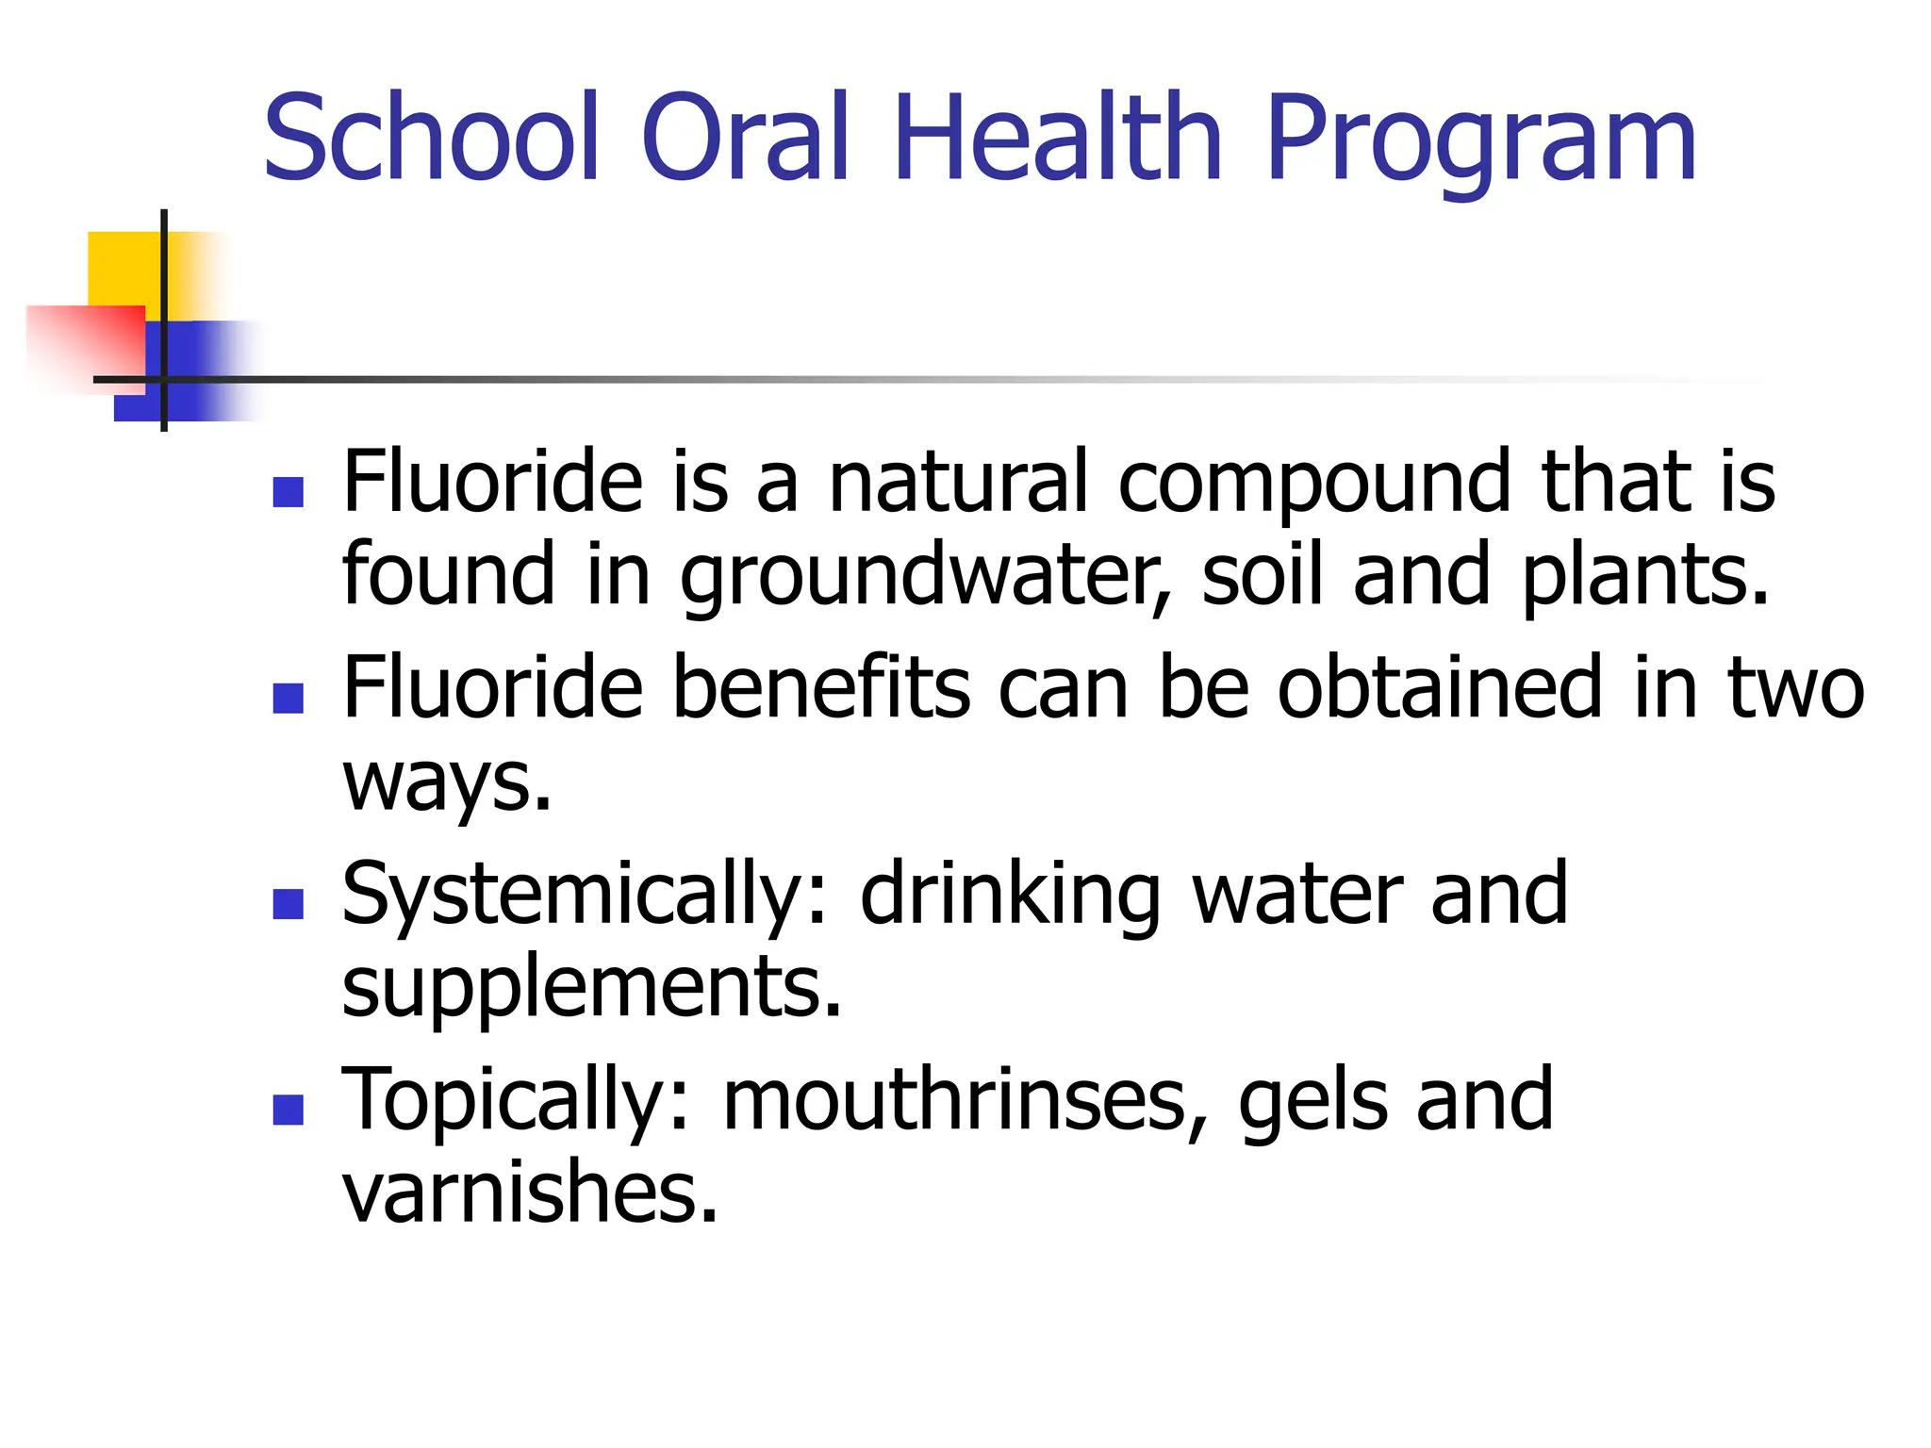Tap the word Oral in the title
746,138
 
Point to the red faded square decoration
85,345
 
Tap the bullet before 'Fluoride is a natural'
288,492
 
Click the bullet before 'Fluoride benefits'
288,698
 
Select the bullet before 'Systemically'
288,903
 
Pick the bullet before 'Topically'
288,1109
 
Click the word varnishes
530,1193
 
